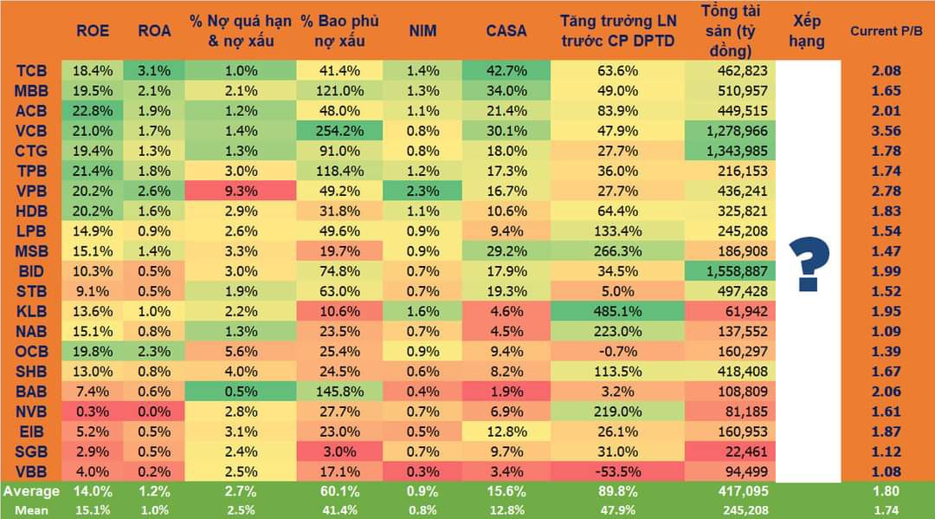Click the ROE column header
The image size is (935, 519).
[93, 30]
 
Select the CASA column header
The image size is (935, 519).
[506, 30]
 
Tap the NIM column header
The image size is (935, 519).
[422, 30]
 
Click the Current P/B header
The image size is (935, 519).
[887, 30]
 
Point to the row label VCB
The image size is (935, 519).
[31, 131]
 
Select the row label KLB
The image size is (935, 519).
[31, 311]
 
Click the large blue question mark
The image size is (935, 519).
[809, 265]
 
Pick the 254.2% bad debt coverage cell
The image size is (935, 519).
[339, 131]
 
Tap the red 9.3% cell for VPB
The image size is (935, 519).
[240, 191]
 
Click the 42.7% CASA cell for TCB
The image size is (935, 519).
[506, 71]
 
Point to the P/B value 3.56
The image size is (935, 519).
[887, 131]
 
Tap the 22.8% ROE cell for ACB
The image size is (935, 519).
[93, 111]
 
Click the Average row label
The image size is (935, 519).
[30, 491]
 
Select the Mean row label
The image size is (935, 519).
[30, 509]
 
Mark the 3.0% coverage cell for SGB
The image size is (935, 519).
[339, 451]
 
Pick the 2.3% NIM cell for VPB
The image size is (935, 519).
[422, 191]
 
